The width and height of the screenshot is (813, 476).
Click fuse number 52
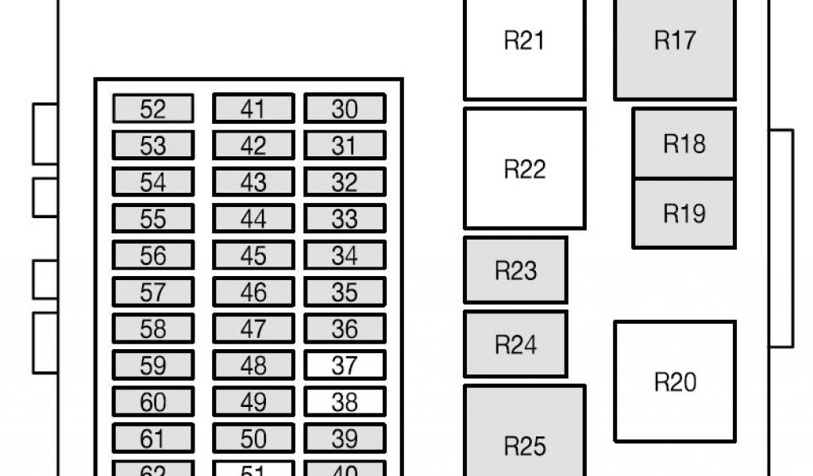pyautogui.click(x=152, y=109)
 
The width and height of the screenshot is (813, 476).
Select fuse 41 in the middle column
pyautogui.click(x=252, y=109)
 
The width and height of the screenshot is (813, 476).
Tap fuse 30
pyautogui.click(x=345, y=109)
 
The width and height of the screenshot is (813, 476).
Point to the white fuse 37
pyautogui.click(x=345, y=366)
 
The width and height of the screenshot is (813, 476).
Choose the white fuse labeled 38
pyautogui.click(x=345, y=402)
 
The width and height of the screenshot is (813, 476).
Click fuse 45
pyautogui.click(x=252, y=255)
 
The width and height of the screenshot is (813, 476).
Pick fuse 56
pyautogui.click(x=152, y=255)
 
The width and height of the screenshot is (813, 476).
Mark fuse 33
pyautogui.click(x=345, y=219)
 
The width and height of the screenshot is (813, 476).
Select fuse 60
pyautogui.click(x=152, y=402)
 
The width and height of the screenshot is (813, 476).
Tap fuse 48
pyautogui.click(x=252, y=366)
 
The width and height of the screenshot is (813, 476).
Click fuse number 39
pyautogui.click(x=345, y=439)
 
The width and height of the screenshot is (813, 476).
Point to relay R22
pyautogui.click(x=524, y=169)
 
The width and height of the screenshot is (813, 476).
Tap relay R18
pyautogui.click(x=684, y=144)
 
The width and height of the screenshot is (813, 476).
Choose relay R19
pyautogui.click(x=684, y=213)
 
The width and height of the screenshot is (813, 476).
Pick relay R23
pyautogui.click(x=515, y=271)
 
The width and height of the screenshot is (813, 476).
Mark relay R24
pyautogui.click(x=515, y=344)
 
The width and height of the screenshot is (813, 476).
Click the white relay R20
pyautogui.click(x=675, y=382)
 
